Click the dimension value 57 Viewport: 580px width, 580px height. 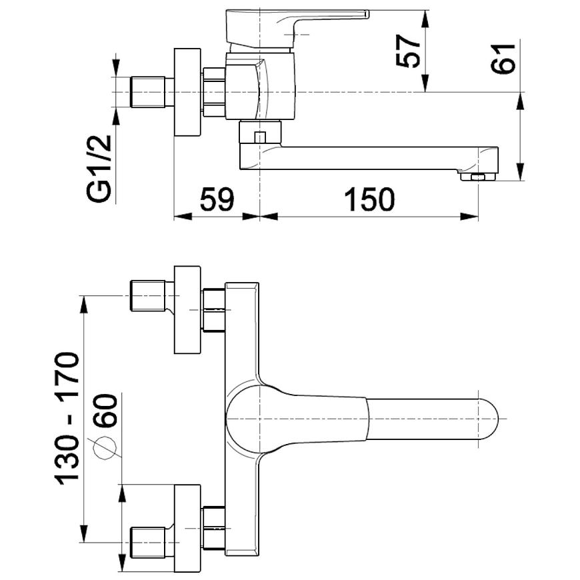pyautogui.click(x=409, y=51)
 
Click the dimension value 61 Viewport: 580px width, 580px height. pyautogui.click(x=503, y=59)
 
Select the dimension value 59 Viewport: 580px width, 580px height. pyautogui.click(x=217, y=199)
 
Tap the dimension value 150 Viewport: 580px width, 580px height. pyautogui.click(x=369, y=199)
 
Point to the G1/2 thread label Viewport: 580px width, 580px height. pyautogui.click(x=99, y=167)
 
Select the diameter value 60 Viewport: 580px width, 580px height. pyautogui.click(x=105, y=411)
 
